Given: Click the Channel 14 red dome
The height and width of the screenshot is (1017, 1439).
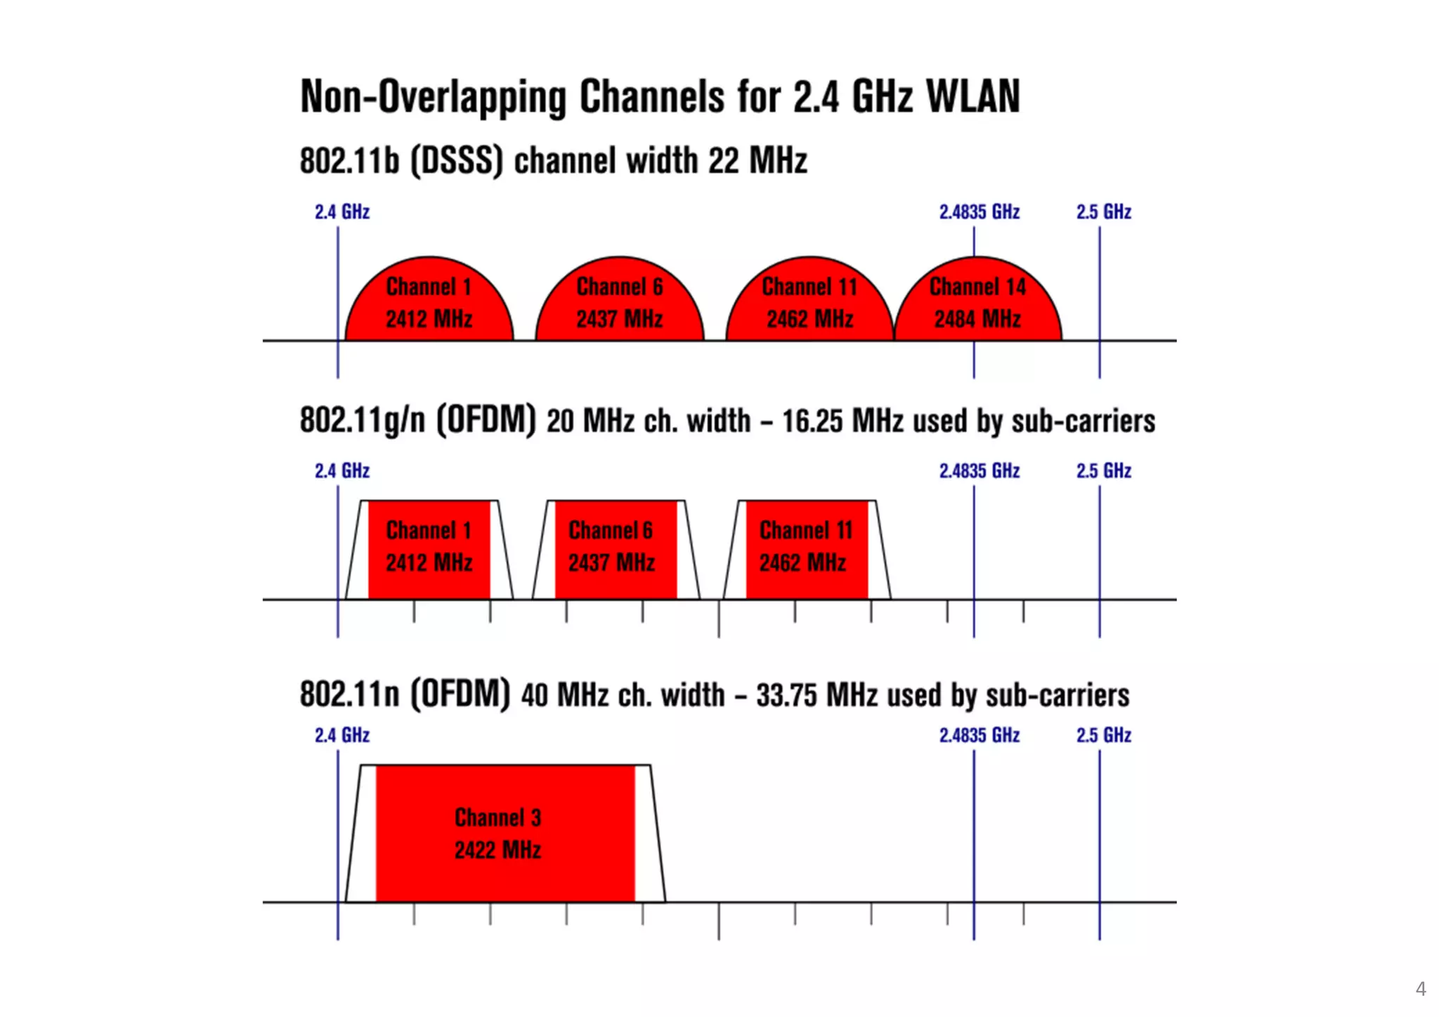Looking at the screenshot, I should [x=977, y=302].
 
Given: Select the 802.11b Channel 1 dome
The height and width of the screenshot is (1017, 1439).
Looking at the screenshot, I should [x=429, y=302].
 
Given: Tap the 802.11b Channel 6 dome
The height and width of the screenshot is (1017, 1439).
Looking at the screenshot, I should [x=619, y=302].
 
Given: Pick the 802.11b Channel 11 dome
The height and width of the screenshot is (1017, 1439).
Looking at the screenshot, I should [x=809, y=302].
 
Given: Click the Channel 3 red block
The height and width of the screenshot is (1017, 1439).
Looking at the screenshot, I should [x=504, y=833].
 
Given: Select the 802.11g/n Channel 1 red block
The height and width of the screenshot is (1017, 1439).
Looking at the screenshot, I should [x=429, y=548].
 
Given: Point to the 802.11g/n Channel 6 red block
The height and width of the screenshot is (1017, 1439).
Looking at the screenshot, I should [x=615, y=548].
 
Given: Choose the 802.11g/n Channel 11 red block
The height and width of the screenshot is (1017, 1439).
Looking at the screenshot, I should [x=806, y=548].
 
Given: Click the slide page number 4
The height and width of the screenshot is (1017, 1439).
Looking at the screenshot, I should [x=1420, y=989].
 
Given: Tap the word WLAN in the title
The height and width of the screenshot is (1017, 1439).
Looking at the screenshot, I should [x=973, y=96].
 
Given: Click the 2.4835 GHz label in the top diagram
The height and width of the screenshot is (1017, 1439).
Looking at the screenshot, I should [x=979, y=212].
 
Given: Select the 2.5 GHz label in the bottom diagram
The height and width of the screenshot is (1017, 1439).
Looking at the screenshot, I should [x=1103, y=735].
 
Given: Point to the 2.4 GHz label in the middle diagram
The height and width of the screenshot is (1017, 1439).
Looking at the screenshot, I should [x=342, y=470].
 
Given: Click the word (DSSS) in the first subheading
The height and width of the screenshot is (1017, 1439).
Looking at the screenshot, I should [x=457, y=160].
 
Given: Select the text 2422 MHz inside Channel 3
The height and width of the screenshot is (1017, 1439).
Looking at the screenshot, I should [x=497, y=850].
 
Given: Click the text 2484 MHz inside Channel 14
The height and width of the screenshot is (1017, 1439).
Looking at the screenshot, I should [x=977, y=319].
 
